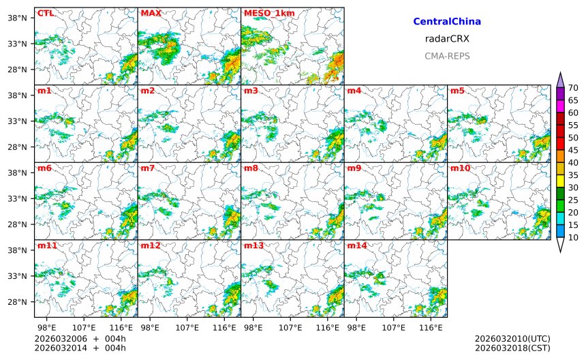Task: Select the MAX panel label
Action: [x=151, y=13]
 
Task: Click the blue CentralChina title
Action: [x=447, y=22]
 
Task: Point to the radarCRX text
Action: [x=447, y=39]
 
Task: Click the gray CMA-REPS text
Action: [x=447, y=56]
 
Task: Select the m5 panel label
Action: [x=457, y=91]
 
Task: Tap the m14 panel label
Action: [x=356, y=245]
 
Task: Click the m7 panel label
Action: [x=147, y=168]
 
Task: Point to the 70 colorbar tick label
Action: [x=573, y=88]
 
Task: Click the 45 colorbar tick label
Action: [x=573, y=150]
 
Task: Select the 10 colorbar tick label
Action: [x=573, y=237]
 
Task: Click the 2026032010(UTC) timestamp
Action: [x=512, y=339]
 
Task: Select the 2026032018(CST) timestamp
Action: [x=512, y=348]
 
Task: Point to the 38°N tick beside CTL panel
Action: [x=16, y=18]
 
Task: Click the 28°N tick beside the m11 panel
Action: [x=16, y=302]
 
